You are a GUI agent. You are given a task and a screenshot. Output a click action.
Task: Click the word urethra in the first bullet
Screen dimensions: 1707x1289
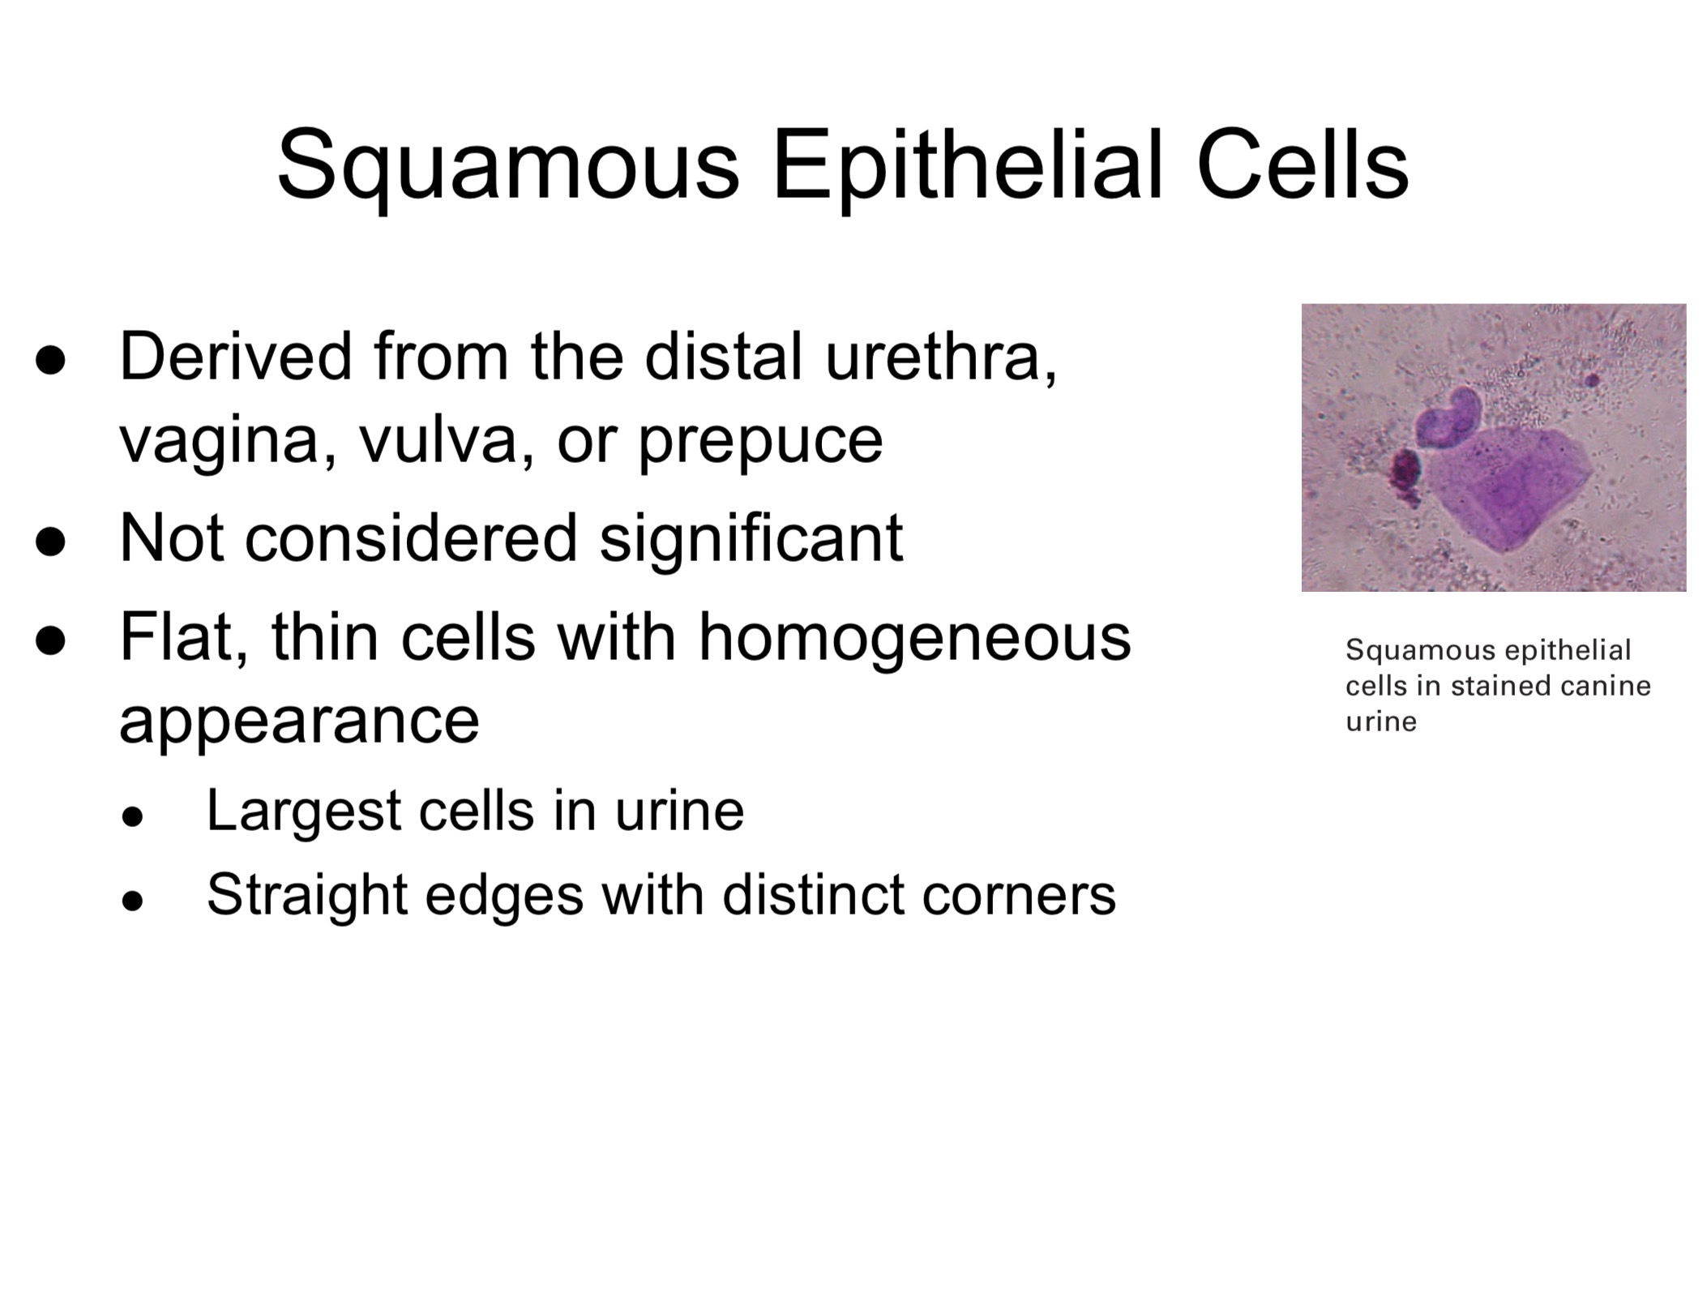click(941, 357)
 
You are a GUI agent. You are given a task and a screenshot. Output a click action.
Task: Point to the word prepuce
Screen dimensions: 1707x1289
click(760, 443)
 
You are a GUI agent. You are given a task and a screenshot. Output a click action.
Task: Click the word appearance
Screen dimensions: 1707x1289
click(299, 722)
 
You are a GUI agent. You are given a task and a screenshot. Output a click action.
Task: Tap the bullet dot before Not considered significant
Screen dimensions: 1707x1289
click(50, 541)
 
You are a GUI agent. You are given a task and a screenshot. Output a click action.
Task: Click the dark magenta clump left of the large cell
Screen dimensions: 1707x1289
click(1405, 476)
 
